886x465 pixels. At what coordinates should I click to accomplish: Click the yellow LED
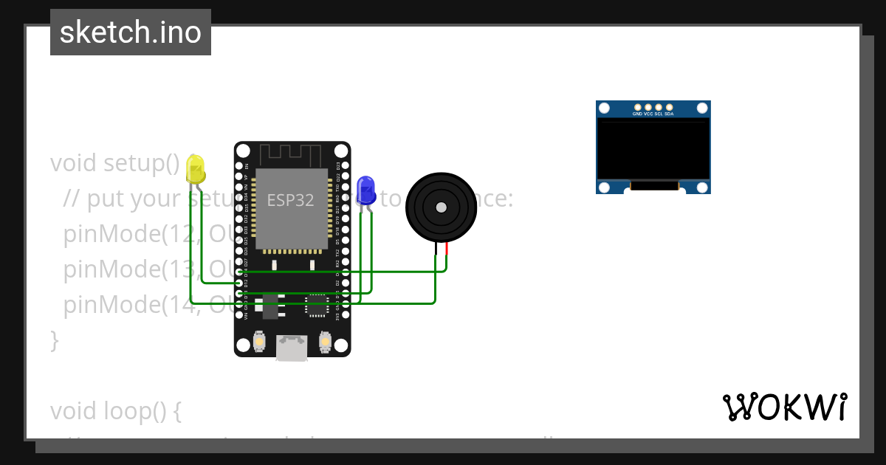[x=196, y=171]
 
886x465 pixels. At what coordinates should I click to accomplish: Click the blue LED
[x=365, y=191]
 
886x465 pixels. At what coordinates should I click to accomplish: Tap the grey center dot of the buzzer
[x=442, y=207]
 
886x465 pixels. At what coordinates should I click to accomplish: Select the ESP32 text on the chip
[x=290, y=200]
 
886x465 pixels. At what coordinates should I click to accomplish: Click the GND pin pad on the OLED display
[x=637, y=108]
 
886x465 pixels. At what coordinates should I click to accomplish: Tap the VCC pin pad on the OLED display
[x=648, y=108]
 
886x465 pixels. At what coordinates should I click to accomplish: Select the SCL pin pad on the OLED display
[x=658, y=108]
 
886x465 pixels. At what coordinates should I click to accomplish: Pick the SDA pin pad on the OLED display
[x=668, y=108]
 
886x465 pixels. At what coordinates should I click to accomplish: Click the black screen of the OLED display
[x=653, y=151]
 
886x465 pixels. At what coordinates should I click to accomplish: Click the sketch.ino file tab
[x=131, y=32]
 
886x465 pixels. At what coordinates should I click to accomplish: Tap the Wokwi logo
[x=784, y=407]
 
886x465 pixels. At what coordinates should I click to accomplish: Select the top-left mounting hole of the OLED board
[x=605, y=109]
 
